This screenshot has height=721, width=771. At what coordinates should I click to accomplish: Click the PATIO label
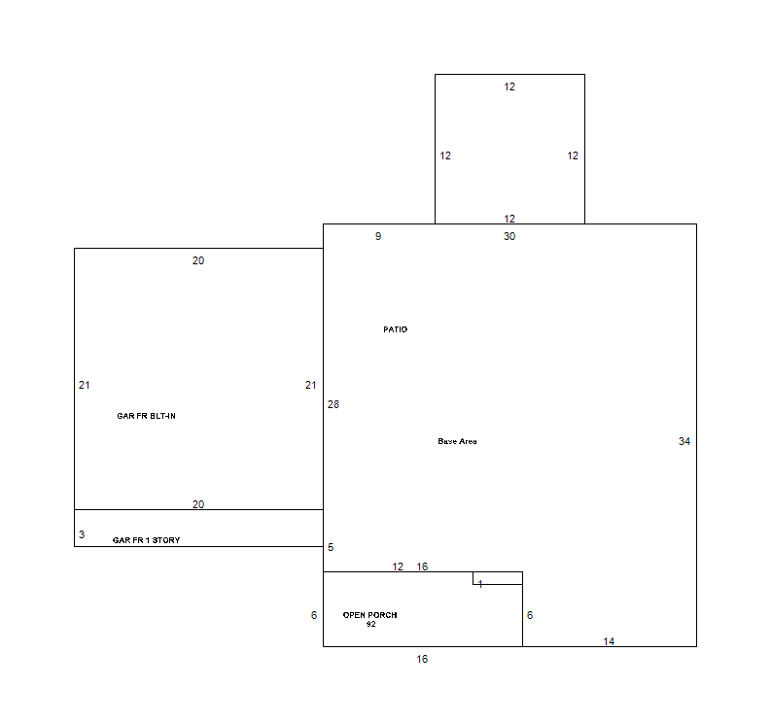click(396, 329)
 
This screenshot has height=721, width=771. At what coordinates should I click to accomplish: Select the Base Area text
click(457, 441)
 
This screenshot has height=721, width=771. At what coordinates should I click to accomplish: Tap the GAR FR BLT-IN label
click(146, 416)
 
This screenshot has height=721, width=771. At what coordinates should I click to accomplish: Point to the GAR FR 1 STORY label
click(146, 540)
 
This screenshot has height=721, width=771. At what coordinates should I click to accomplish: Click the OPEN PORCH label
click(369, 615)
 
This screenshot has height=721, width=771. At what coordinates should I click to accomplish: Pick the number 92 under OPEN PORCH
click(370, 624)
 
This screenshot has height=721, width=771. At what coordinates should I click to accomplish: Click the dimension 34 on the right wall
click(683, 441)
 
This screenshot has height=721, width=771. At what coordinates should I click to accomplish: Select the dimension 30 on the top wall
click(509, 236)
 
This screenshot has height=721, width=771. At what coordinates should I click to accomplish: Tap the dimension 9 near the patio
click(378, 236)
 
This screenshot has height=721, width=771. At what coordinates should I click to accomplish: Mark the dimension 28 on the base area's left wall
click(333, 404)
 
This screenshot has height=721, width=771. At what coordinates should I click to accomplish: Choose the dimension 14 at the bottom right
click(609, 641)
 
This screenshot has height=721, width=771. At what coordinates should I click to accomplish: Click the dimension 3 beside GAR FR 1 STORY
click(82, 534)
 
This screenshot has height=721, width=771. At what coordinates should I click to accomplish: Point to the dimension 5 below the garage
click(331, 547)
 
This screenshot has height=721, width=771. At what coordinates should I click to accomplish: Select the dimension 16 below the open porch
click(422, 659)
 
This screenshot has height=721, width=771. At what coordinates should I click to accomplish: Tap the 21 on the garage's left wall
click(84, 386)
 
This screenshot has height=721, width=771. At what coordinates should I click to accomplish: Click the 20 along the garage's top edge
click(198, 260)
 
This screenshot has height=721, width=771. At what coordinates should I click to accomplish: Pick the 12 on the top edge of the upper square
click(509, 87)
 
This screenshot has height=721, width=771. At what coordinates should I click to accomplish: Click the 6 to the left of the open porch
click(314, 615)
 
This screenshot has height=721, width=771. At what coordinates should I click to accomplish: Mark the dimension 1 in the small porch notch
click(480, 584)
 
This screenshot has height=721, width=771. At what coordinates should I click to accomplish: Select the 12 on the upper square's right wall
click(573, 155)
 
